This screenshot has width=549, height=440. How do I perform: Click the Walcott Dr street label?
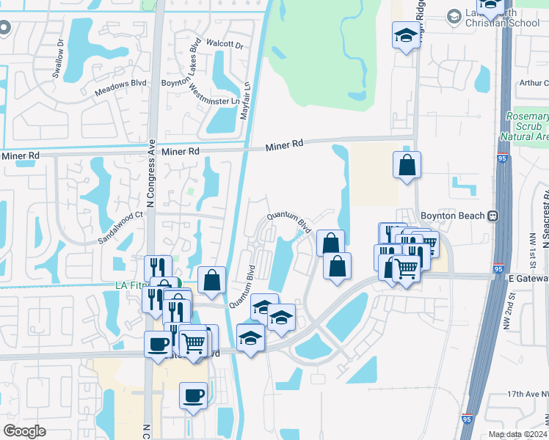coord(225,45)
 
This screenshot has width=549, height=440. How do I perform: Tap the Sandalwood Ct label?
coord(122,227)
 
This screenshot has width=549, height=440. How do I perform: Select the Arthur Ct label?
coord(534,83)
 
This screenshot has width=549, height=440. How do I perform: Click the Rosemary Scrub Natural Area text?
coord(528,126)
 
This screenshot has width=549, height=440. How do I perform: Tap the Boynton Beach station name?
coord(453,216)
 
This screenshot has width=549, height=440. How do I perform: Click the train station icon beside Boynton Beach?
coord(492,216)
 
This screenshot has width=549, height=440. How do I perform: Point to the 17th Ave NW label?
coord(526,395)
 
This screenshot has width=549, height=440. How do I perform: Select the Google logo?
coord(24,431)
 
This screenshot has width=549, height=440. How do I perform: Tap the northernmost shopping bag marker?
coord(407,166)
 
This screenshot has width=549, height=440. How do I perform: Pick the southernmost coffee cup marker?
coord(194,395)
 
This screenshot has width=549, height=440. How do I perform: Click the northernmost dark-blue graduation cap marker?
coord(406,35)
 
